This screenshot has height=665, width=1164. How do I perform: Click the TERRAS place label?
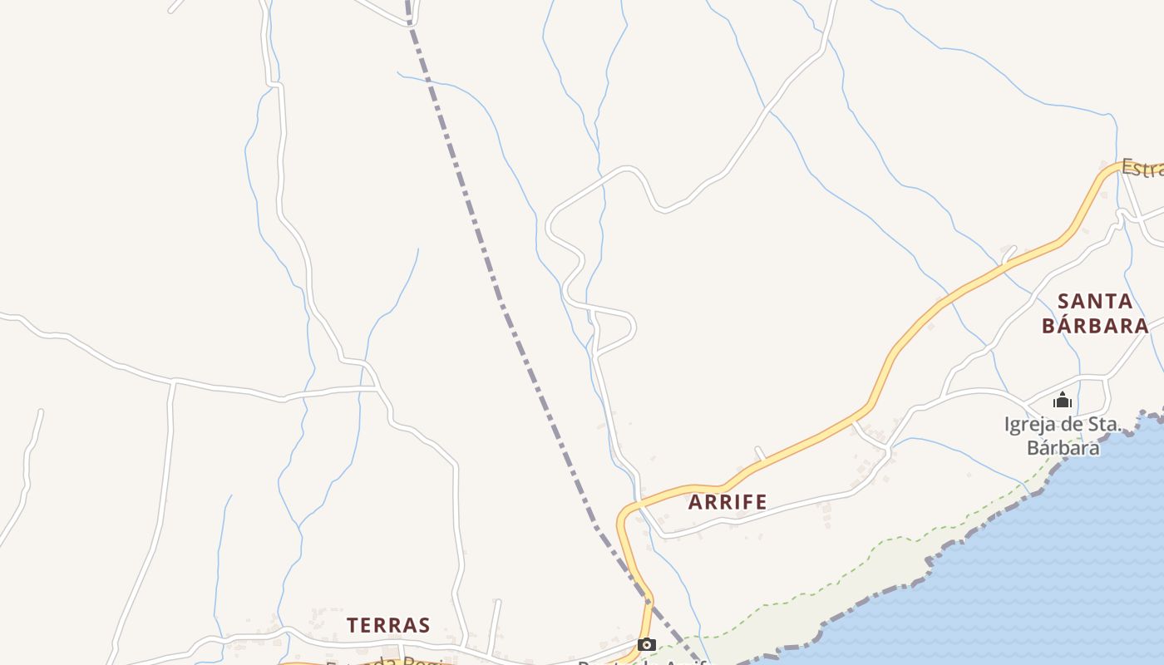(x=388, y=625)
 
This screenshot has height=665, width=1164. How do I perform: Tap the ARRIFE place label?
(x=727, y=502)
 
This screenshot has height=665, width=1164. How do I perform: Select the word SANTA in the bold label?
(x=1095, y=301)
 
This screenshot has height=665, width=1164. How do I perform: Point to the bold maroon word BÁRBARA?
(x=1095, y=325)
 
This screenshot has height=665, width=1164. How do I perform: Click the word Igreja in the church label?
(x=1032, y=425)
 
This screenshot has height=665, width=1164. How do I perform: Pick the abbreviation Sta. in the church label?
(x=1102, y=425)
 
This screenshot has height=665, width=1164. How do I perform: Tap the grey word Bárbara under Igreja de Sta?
(x=1063, y=447)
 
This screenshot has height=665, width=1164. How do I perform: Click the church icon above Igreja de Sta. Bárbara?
(x=1063, y=401)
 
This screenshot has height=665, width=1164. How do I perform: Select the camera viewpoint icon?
(x=646, y=644)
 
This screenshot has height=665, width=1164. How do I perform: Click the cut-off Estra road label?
(x=1142, y=168)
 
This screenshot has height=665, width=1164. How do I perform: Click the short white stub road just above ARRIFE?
(x=760, y=453)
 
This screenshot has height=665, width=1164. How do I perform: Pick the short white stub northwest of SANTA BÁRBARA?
(x=1009, y=252)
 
